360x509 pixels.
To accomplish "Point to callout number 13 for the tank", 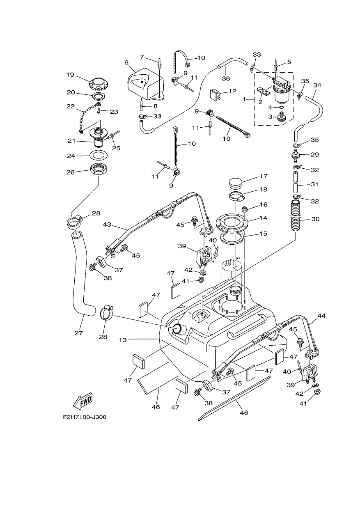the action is (122, 340).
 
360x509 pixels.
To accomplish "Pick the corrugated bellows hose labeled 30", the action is (296, 215).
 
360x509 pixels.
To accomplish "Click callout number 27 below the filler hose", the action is (79, 333).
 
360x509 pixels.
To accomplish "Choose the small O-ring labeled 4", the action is (281, 107).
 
